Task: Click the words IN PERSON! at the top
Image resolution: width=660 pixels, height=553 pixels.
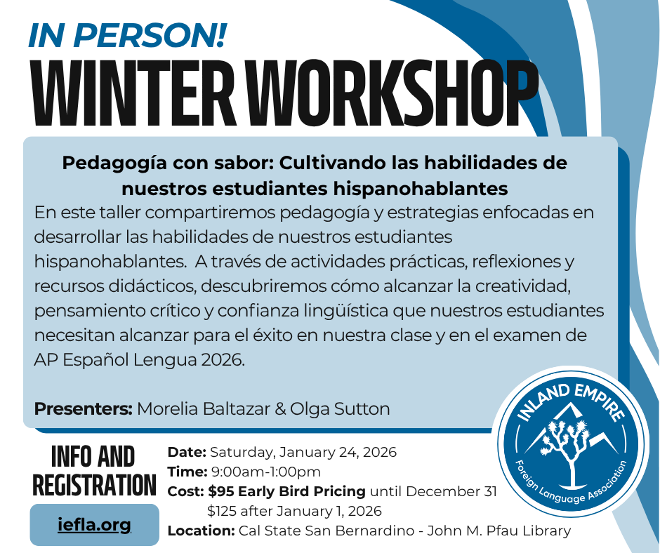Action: point(127,34)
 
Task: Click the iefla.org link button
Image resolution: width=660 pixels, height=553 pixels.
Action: point(94,524)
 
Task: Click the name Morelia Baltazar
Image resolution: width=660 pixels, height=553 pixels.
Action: point(210,408)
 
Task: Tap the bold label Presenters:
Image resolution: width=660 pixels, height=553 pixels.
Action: point(83,408)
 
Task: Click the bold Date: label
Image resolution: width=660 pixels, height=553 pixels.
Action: point(186,452)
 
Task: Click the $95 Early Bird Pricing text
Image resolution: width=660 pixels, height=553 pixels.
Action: point(287,491)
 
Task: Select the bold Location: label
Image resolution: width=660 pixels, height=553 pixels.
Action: point(201,531)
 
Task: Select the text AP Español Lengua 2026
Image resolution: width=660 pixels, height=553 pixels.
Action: point(140,360)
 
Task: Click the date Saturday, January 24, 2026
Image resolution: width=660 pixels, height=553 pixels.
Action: point(303,452)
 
